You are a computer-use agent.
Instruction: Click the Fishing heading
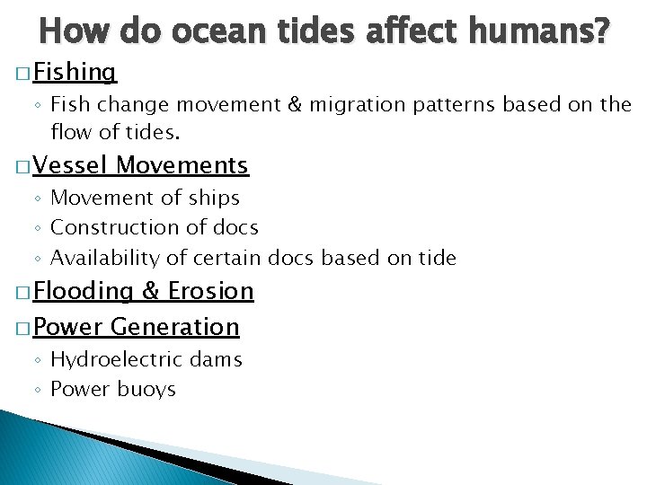click(x=76, y=72)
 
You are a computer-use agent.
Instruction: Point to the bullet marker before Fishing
click(x=22, y=73)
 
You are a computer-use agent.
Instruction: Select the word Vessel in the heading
click(x=73, y=165)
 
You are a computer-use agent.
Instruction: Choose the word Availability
click(x=107, y=259)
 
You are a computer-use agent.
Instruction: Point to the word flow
click(x=70, y=133)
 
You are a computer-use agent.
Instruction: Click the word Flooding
click(x=82, y=291)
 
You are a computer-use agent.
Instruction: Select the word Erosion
click(x=211, y=291)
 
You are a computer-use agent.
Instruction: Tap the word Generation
click(x=176, y=327)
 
